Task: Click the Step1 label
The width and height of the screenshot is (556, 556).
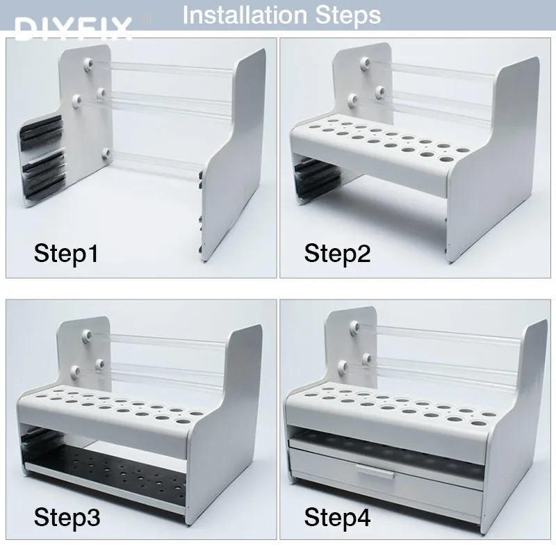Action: pos(66,254)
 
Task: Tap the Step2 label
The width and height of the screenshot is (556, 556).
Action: pos(337,254)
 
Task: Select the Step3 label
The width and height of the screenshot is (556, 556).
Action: pos(67,518)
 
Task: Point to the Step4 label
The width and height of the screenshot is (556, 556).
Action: pos(337,518)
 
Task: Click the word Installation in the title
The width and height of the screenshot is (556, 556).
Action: pos(245,15)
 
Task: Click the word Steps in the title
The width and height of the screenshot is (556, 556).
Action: pos(348,16)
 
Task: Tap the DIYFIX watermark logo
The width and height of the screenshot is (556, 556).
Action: pos(73,28)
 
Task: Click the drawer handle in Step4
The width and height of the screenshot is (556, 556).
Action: pos(376,472)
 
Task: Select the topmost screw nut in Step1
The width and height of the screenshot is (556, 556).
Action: pos(88,64)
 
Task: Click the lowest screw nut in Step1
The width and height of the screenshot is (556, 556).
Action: pos(106,154)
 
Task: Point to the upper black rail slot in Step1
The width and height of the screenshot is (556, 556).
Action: pos(42,131)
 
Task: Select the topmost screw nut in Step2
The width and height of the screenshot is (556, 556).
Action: pos(365,64)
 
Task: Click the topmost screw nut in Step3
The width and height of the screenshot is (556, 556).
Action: pos(87,334)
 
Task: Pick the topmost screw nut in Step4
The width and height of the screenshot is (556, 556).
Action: pos(354,326)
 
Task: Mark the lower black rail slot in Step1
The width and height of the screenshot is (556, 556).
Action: pos(44,174)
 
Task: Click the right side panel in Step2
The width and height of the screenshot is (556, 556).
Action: pos(495,160)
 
